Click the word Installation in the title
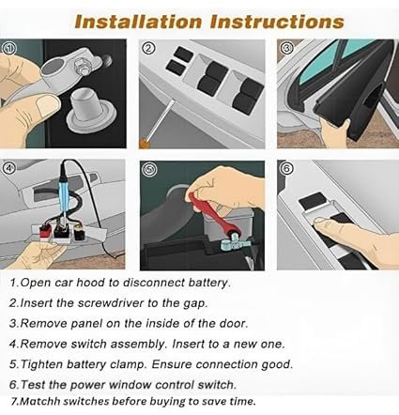tap(133, 20)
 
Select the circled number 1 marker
tap(10, 48)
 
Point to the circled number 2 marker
tap(148, 48)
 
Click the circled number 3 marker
tap(285, 46)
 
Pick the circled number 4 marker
tap(10, 169)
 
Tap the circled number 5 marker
tap(148, 169)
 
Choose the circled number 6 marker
tap(285, 169)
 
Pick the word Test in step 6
tap(37, 385)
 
